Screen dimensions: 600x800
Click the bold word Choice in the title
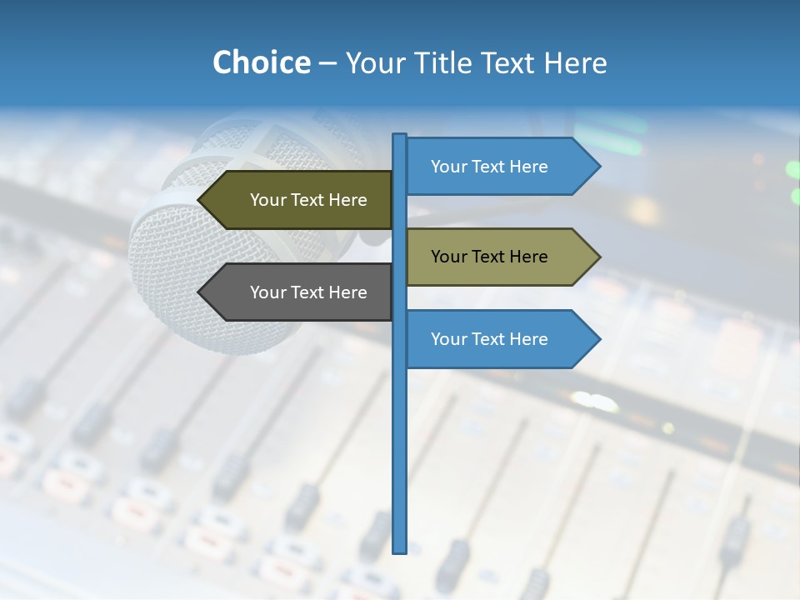tap(261, 62)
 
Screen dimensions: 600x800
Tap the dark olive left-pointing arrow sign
tap(300, 200)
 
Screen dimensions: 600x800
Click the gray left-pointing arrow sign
tap(300, 292)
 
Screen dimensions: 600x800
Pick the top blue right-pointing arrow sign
tap(496, 167)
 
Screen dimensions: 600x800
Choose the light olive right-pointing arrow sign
tap(496, 257)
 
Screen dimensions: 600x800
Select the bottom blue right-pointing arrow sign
tap(496, 339)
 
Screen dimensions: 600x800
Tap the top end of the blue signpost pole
tap(400, 136)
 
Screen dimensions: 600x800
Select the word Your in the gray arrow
tap(267, 292)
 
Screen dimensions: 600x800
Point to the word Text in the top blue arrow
tap(488, 167)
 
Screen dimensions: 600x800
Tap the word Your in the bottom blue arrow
tap(448, 339)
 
